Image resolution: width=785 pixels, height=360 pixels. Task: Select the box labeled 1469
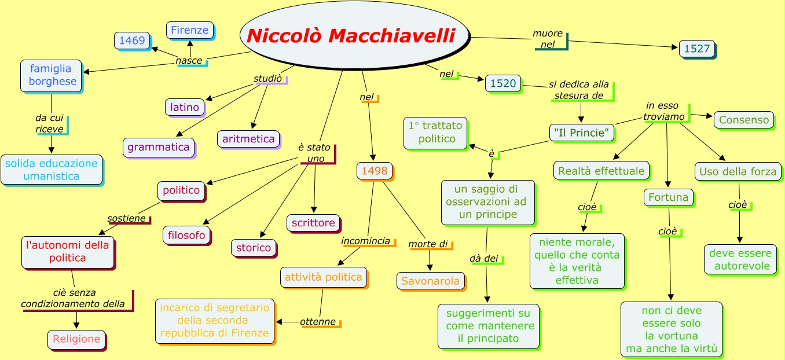133,41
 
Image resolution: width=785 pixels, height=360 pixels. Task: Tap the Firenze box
190,30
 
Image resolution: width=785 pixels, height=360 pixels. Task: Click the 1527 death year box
696,49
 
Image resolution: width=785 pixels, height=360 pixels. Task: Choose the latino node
185,107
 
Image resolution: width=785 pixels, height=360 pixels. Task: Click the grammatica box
159,147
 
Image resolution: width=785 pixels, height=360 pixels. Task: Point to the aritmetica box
248,139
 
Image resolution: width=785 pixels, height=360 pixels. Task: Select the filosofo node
186,235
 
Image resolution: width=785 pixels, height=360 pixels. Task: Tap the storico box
254,248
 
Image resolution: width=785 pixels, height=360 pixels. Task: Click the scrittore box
313,223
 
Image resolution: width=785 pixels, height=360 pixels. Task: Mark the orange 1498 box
375,171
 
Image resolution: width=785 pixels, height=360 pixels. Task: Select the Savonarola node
431,281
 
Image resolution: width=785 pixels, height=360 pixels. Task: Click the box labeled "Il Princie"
581,133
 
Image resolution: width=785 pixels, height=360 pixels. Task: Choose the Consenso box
744,120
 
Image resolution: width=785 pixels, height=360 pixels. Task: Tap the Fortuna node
668,197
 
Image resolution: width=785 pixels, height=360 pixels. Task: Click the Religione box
76,339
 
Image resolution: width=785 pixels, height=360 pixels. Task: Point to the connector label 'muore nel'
548,39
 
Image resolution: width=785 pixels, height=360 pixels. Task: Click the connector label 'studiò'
268,78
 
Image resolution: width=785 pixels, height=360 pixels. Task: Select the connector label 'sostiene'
127,218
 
